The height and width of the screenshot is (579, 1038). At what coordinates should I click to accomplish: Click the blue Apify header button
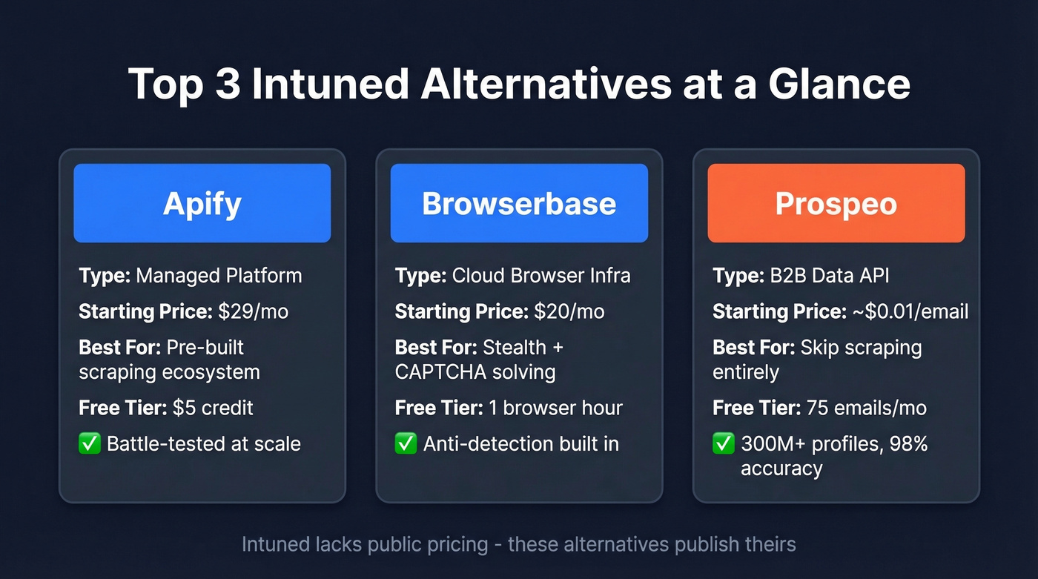click(202, 203)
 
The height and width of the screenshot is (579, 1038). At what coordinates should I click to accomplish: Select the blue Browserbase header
click(519, 203)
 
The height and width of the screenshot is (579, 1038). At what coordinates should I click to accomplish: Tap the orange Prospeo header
click(836, 203)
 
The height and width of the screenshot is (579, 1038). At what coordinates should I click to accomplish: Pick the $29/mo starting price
click(253, 311)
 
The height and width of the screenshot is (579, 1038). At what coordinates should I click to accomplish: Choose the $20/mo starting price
click(569, 311)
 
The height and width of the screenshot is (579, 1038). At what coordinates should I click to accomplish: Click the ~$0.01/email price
click(908, 311)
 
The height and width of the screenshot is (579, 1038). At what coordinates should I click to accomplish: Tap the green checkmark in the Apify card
click(89, 444)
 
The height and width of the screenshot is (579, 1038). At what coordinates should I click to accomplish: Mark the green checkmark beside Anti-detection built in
click(406, 444)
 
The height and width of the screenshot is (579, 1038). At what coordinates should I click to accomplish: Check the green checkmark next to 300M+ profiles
click(723, 444)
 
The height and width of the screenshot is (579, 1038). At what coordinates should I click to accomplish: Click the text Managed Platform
click(219, 276)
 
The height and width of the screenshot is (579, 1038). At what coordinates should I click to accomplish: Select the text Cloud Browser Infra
click(541, 276)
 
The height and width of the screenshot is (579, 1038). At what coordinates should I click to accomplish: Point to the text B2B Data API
click(830, 276)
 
